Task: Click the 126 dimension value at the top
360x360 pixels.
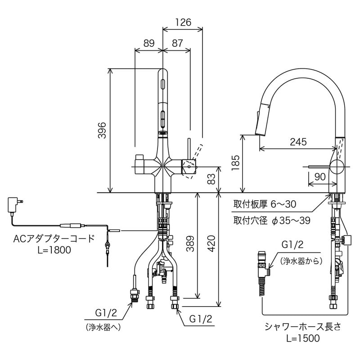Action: pyautogui.click(x=183, y=22)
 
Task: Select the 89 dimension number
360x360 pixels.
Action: pyautogui.click(x=149, y=44)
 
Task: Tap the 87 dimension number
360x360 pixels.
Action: pyautogui.click(x=177, y=44)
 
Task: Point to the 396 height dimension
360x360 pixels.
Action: pyautogui.click(x=102, y=130)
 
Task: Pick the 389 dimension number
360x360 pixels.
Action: pyautogui.click(x=190, y=243)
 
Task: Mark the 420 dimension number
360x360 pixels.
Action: pyautogui.click(x=212, y=243)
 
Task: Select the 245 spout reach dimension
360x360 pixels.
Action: pyautogui.click(x=298, y=142)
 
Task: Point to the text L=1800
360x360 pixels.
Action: pyautogui.click(x=54, y=250)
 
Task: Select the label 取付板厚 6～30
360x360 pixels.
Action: pyautogui.click(x=264, y=204)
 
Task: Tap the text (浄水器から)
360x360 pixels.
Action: pyautogui.click(x=299, y=261)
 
